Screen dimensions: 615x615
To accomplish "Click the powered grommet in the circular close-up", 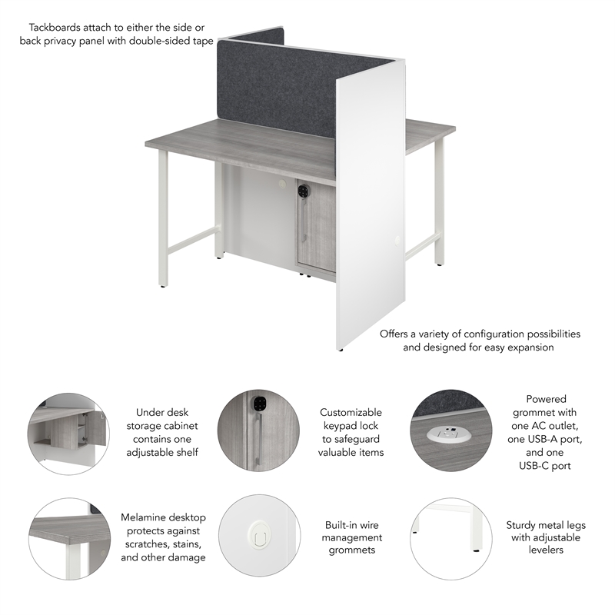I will tap(447, 434).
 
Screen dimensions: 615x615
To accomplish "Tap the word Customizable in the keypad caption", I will tap(351, 412).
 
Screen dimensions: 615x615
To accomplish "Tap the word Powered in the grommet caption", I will tap(546, 399).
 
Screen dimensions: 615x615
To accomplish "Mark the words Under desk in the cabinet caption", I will tap(162, 412).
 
